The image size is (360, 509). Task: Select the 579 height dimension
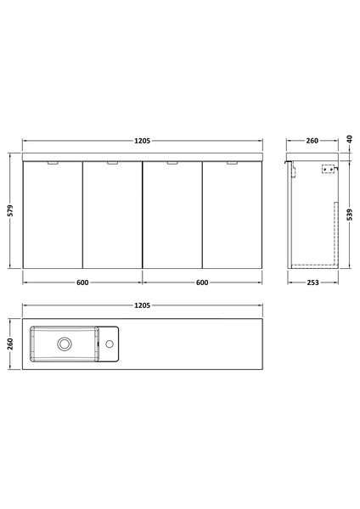10,211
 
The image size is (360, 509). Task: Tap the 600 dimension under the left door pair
82,283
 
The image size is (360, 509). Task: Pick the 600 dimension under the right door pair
202,283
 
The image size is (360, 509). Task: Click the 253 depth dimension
312,283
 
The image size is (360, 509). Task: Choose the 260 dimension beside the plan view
10,344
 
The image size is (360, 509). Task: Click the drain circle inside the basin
64,344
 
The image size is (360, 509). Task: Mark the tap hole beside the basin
110,344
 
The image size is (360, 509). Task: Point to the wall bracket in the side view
327,169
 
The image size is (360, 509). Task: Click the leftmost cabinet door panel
52,216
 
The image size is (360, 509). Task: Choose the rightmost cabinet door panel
232,216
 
